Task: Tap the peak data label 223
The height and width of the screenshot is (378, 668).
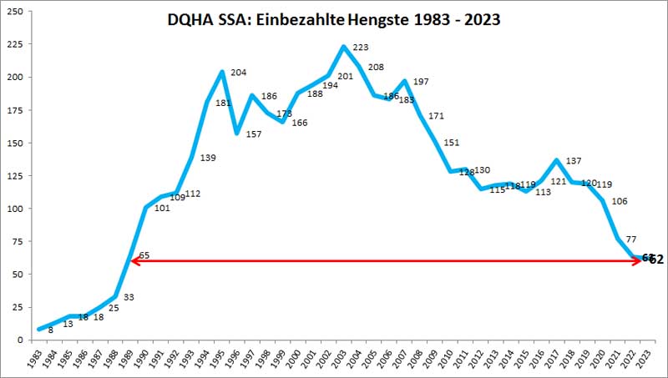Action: click(x=359, y=48)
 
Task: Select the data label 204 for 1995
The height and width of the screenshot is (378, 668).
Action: click(x=238, y=73)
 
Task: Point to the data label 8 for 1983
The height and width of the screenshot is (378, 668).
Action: click(x=50, y=330)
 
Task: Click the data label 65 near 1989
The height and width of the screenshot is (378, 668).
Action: click(x=143, y=255)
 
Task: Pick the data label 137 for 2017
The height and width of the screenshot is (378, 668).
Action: click(x=574, y=161)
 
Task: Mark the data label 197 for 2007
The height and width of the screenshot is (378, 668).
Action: click(x=419, y=82)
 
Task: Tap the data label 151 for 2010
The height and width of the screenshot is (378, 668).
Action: click(x=450, y=143)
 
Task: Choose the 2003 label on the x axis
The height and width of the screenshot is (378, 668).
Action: click(x=344, y=357)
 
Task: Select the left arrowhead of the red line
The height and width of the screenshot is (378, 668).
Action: click(x=134, y=261)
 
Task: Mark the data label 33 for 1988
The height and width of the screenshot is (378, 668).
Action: click(x=129, y=296)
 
